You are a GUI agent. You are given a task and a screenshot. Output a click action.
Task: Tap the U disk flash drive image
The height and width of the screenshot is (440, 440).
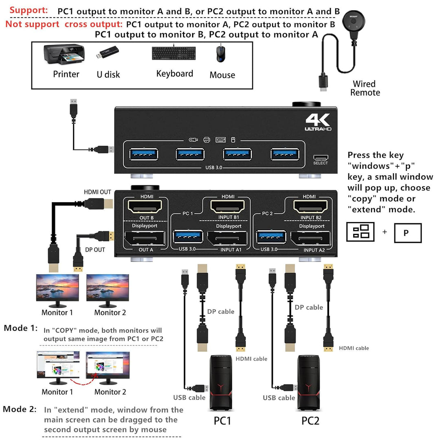coord(108,53)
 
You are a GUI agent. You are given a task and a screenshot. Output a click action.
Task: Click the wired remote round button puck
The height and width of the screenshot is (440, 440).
coord(353,20)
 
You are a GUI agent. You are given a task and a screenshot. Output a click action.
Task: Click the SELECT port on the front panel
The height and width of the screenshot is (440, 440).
coord(320,158)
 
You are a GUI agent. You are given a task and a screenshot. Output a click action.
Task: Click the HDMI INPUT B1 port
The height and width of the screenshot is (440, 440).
coord(227,207)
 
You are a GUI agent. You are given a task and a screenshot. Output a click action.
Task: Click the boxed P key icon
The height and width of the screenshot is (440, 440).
coord(407,233)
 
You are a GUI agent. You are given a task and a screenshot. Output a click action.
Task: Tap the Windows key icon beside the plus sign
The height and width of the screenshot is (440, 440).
coord(360,232)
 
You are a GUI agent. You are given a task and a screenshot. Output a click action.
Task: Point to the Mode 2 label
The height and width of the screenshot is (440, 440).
coord(20,409)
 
